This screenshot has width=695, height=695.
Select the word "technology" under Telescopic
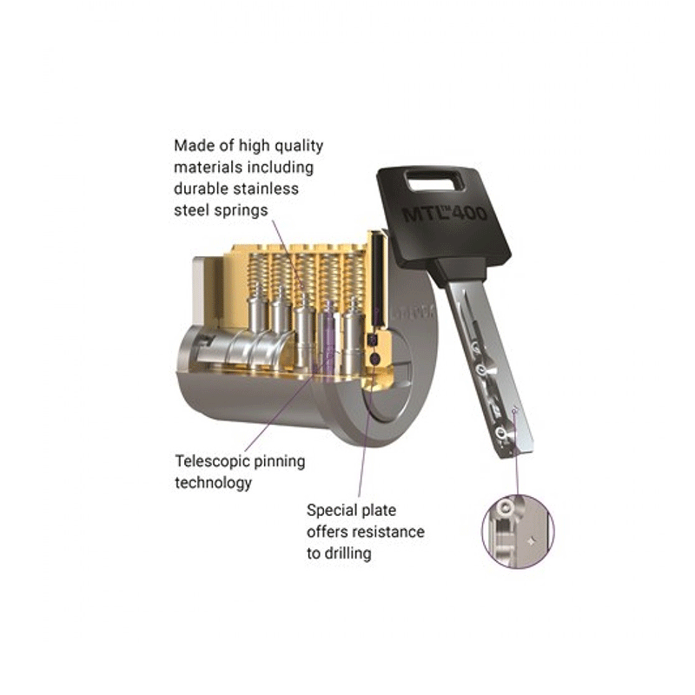[x=213, y=483]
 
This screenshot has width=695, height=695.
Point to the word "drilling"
[x=348, y=553]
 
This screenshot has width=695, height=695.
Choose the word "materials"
[x=208, y=167]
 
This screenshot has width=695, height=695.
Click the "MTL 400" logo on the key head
[x=444, y=213]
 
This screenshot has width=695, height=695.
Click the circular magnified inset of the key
[x=518, y=532]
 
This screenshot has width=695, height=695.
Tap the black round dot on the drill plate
[x=374, y=359]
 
